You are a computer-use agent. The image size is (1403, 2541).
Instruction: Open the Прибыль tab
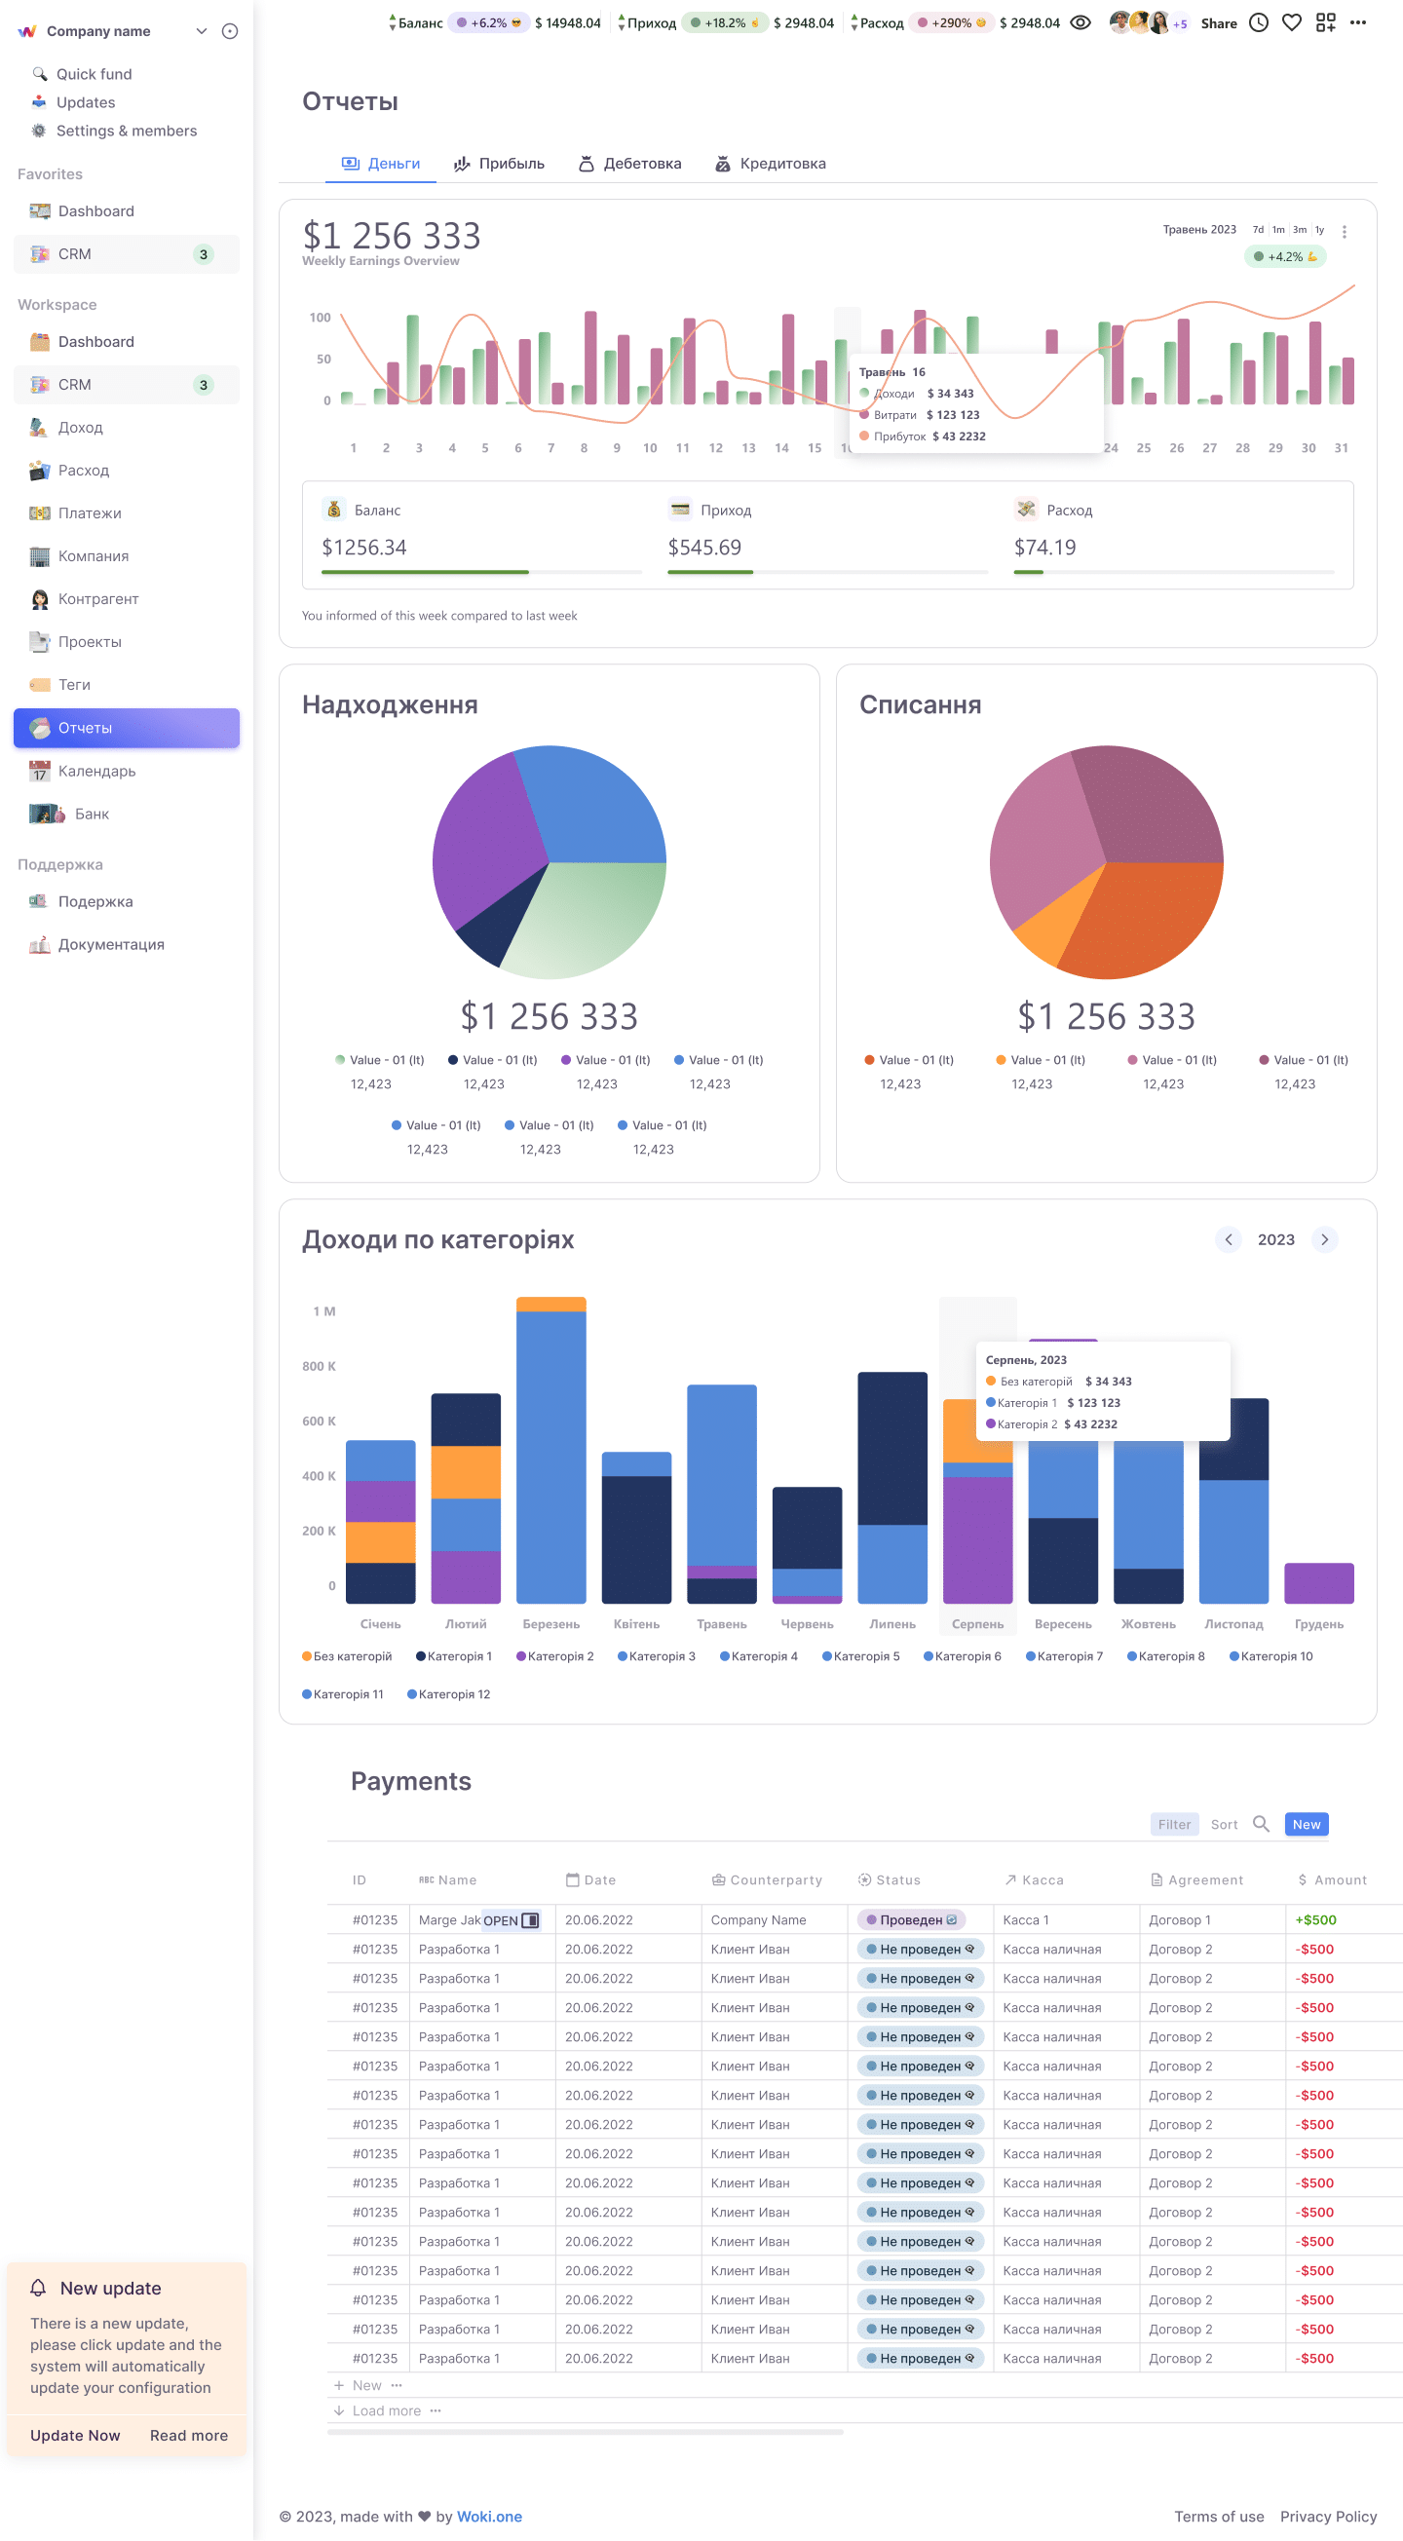click(x=498, y=164)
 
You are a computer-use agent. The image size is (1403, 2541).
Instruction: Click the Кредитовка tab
click(x=771, y=164)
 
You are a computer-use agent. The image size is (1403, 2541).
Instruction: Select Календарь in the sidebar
click(x=96, y=772)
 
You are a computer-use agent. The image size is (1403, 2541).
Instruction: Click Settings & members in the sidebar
click(x=127, y=132)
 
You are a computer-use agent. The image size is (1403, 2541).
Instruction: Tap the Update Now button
click(x=75, y=2435)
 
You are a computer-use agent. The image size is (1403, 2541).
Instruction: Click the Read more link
click(x=188, y=2435)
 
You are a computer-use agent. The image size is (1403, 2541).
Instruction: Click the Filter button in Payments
click(x=1174, y=1824)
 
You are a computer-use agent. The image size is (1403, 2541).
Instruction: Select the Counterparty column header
click(x=767, y=1880)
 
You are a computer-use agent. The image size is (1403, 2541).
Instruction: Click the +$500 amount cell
click(x=1315, y=1919)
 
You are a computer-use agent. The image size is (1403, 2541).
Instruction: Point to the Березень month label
click(x=550, y=1623)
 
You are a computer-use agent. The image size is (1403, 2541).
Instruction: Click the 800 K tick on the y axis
click(x=319, y=1366)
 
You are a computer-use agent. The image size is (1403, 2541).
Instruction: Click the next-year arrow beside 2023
click(x=1324, y=1239)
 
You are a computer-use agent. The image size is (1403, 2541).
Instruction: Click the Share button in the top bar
click(x=1219, y=23)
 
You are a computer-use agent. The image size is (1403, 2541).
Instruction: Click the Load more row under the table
click(x=387, y=2409)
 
